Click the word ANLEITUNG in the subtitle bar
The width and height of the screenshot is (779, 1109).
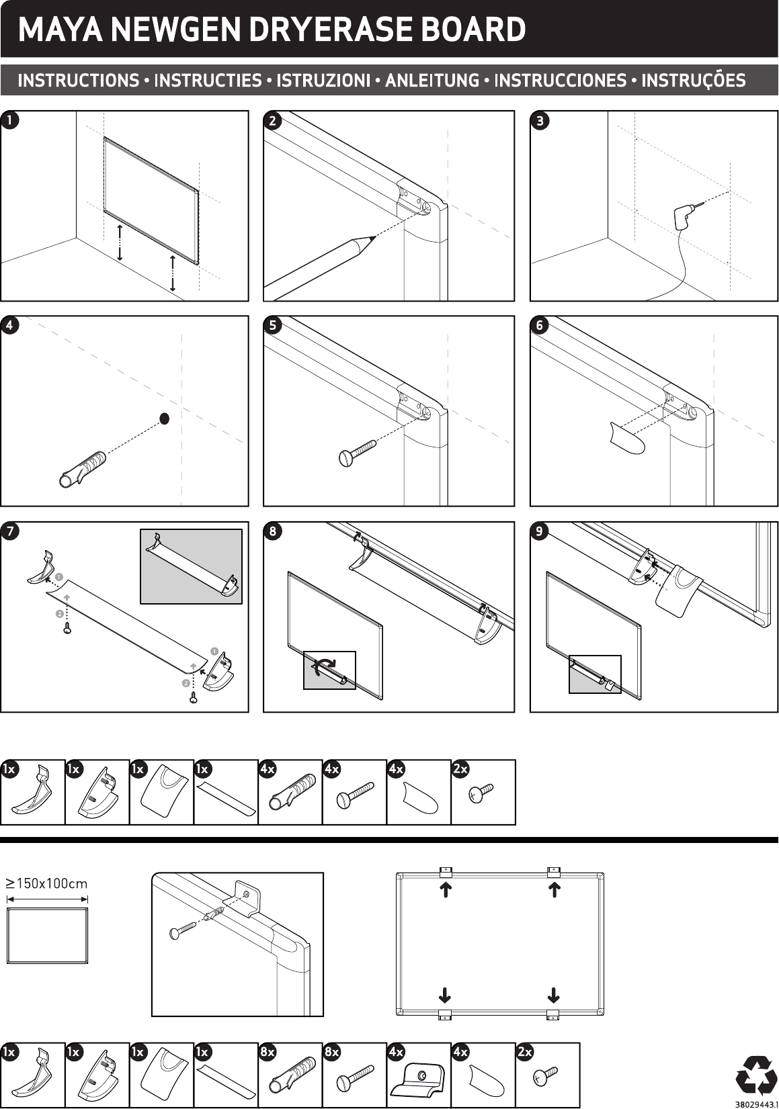tap(432, 80)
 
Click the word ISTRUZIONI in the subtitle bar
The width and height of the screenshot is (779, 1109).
tap(323, 80)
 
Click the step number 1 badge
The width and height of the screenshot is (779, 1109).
tap(9, 120)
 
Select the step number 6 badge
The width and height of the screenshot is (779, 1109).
tap(540, 325)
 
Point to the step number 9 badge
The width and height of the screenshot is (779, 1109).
tap(540, 531)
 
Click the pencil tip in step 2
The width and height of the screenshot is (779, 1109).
tap(374, 238)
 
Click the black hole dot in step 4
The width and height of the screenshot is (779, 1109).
tap(165, 419)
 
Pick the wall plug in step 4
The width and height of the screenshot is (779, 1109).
tap(82, 470)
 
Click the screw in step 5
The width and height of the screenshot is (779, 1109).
tap(358, 453)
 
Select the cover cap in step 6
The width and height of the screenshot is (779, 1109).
tap(627, 438)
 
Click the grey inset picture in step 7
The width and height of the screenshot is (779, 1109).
tap(192, 566)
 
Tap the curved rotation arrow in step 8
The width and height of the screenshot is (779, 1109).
tap(326, 666)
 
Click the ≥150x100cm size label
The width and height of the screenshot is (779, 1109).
tap(46, 883)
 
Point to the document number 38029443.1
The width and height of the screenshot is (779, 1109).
tap(755, 1104)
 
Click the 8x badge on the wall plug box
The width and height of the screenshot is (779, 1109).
tap(268, 1051)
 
